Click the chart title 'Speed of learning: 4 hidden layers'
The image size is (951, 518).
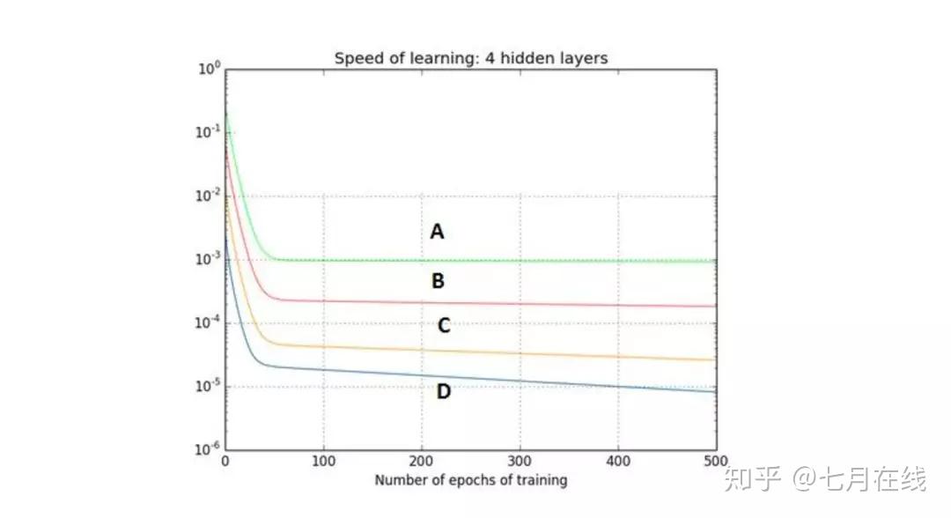(471, 58)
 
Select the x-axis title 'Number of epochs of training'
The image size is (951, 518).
(471, 481)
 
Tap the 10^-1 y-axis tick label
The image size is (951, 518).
(208, 133)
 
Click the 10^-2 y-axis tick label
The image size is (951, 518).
(208, 196)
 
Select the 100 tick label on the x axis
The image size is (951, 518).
(324, 462)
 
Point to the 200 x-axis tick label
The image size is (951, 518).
(422, 462)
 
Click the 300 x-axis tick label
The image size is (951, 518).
(520, 462)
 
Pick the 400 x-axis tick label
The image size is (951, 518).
(617, 462)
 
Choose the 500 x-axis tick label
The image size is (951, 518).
(715, 462)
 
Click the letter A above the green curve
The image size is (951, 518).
(437, 233)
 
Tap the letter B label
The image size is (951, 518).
(438, 282)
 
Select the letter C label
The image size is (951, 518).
(444, 326)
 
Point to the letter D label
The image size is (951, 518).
(443, 391)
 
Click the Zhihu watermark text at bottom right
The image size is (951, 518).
(824, 480)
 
